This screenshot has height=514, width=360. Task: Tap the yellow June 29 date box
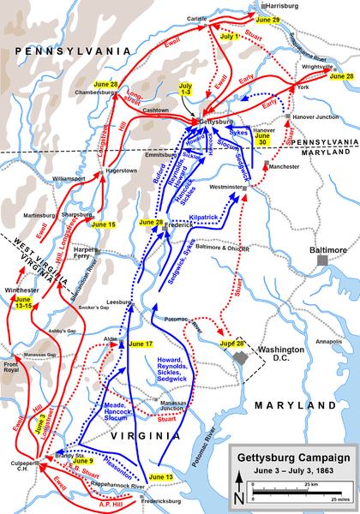click(x=268, y=19)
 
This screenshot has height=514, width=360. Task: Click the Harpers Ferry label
click(x=88, y=253)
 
